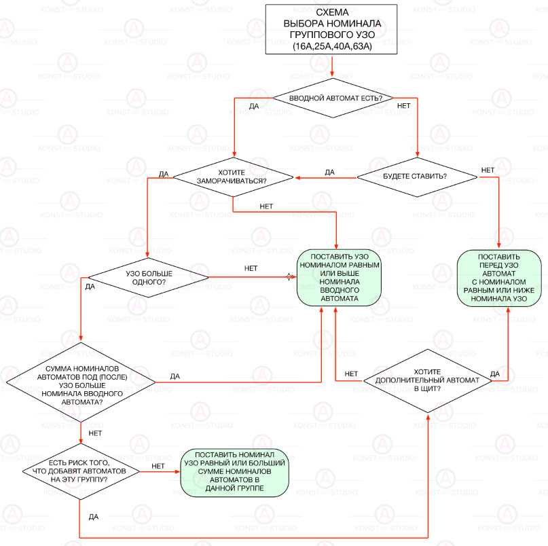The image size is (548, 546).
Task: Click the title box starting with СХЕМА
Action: coord(332,29)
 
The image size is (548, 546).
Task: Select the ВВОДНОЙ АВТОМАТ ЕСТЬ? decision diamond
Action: coord(332,98)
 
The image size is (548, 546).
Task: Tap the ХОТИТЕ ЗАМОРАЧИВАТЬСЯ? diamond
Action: coord(233,177)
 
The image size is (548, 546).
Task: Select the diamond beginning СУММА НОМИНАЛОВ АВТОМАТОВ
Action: coord(81,384)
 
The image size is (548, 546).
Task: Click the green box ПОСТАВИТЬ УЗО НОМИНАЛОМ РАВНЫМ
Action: coord(335,277)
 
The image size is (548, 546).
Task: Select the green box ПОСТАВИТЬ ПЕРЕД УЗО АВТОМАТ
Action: coord(499,278)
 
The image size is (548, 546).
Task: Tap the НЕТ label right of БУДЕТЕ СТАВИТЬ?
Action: coord(487,169)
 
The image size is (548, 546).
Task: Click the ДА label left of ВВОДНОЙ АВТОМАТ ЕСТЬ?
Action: coord(253,106)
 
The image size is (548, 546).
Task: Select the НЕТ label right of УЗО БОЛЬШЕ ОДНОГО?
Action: coord(251,268)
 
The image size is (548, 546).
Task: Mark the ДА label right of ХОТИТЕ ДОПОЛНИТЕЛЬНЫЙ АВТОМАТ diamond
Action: coord(494,374)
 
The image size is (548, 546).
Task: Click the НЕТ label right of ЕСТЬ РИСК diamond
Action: coord(158,465)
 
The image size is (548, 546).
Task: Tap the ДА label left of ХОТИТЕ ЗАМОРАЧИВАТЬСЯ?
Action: coord(164,174)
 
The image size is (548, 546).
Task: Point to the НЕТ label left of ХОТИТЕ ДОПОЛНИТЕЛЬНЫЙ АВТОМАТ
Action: coord(351,374)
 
